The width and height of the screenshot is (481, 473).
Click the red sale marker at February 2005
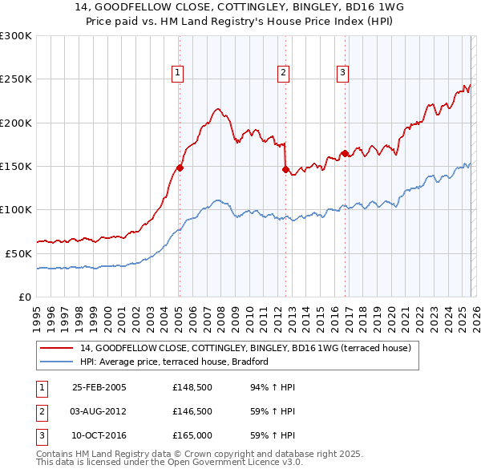click(x=180, y=168)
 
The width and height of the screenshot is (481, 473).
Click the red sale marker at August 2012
click(x=285, y=169)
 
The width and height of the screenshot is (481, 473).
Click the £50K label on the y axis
click(x=18, y=253)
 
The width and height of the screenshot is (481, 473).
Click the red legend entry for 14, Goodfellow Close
click(x=246, y=348)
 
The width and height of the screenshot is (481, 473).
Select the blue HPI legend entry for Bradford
click(x=174, y=362)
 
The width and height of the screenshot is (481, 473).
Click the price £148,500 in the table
click(x=191, y=387)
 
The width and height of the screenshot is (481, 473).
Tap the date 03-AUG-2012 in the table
click(x=99, y=411)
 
